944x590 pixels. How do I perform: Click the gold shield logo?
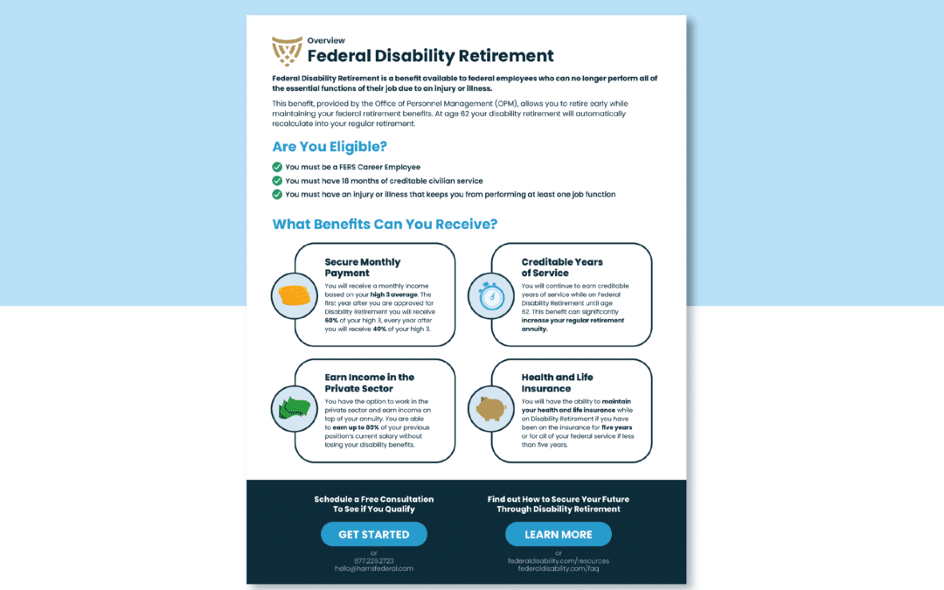(288, 52)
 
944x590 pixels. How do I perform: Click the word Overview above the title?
(326, 40)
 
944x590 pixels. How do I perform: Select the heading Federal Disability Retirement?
(430, 56)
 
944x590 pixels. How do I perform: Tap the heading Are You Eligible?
(330, 146)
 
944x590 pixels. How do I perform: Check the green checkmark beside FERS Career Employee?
(277, 167)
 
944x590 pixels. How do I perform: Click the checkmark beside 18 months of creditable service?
(277, 181)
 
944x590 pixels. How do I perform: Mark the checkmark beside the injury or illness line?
(277, 194)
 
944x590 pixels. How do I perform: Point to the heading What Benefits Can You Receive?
(385, 225)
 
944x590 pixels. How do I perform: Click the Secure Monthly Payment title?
(362, 267)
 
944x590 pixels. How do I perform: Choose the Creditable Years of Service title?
(562, 267)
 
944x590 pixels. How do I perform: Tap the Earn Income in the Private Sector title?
(369, 383)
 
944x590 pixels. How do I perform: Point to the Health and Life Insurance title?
(557, 383)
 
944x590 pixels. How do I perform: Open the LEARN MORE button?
(558, 534)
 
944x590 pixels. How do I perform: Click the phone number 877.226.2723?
(373, 560)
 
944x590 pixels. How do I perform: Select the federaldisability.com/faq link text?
(558, 568)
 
